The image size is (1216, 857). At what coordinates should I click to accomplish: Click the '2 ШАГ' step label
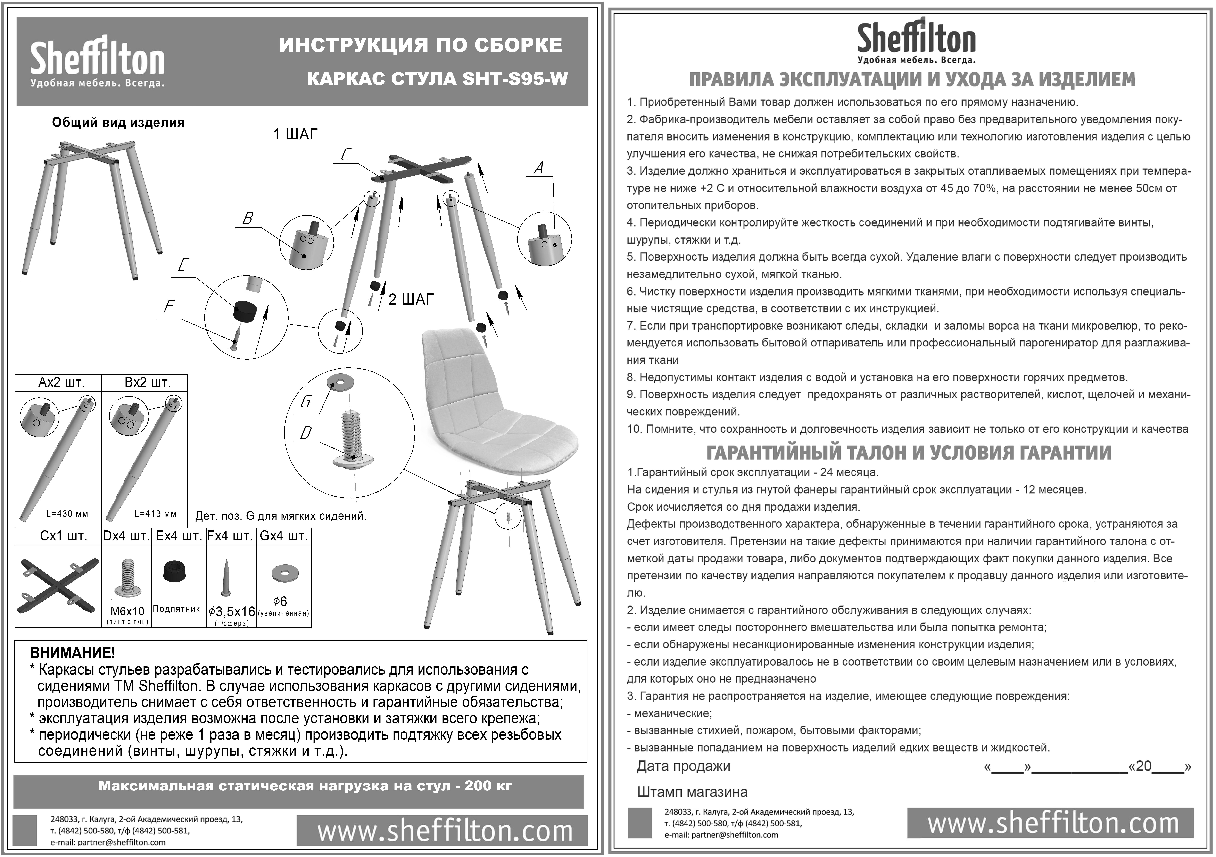tap(411, 300)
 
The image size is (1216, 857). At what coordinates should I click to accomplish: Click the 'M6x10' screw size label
tap(127, 611)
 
